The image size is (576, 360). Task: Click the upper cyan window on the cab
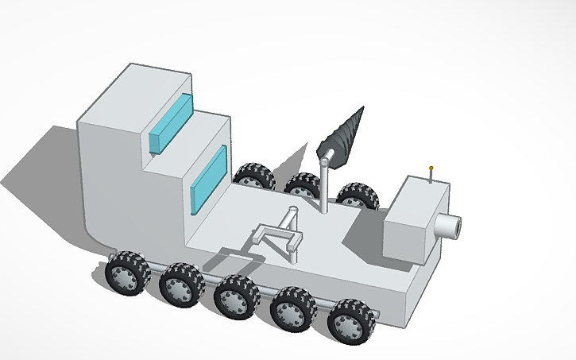(171, 123)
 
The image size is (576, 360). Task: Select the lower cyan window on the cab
(209, 180)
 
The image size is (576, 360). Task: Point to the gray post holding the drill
(325, 188)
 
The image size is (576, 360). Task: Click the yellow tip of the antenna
(431, 168)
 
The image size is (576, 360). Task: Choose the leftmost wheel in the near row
(126, 274)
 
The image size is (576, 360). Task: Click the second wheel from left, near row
(180, 285)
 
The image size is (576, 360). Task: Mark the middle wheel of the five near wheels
(236, 295)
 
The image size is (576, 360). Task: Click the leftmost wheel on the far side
(254, 176)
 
